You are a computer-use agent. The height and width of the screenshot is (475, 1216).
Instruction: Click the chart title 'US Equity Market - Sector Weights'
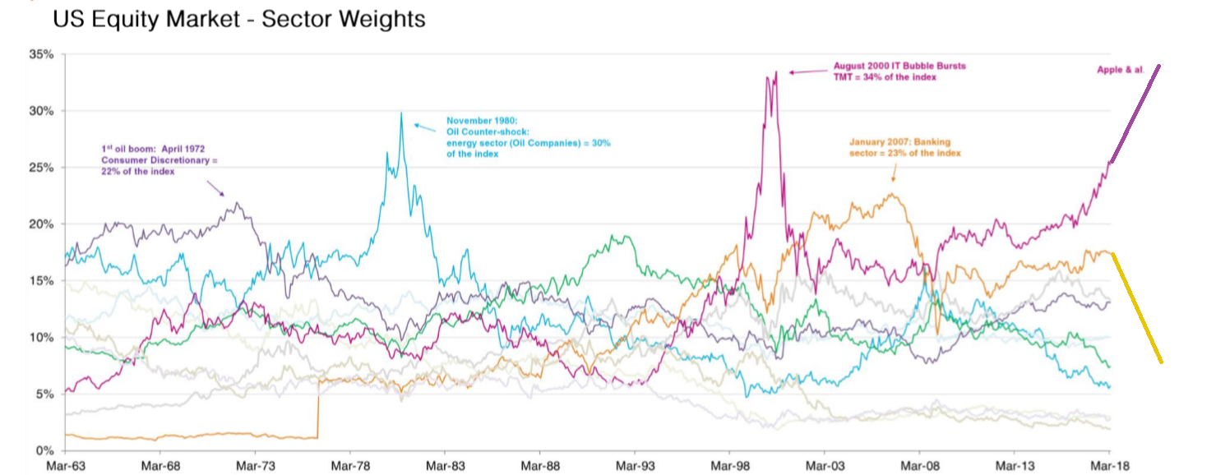pyautogui.click(x=238, y=19)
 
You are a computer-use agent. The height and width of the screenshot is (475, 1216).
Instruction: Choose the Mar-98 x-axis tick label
pyautogui.click(x=729, y=465)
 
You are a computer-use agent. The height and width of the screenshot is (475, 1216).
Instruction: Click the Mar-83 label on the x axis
pyautogui.click(x=444, y=465)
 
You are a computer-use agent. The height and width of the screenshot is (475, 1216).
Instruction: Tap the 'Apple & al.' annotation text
pyautogui.click(x=1120, y=70)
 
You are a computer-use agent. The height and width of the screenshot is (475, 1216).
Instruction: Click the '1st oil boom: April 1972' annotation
pyautogui.click(x=155, y=149)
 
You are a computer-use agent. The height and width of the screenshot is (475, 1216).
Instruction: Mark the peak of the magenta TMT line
pyautogui.click(x=775, y=71)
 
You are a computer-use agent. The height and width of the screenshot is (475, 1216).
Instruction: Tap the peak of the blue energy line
pyautogui.click(x=401, y=113)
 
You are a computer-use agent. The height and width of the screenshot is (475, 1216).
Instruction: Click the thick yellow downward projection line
pyautogui.click(x=1136, y=307)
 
